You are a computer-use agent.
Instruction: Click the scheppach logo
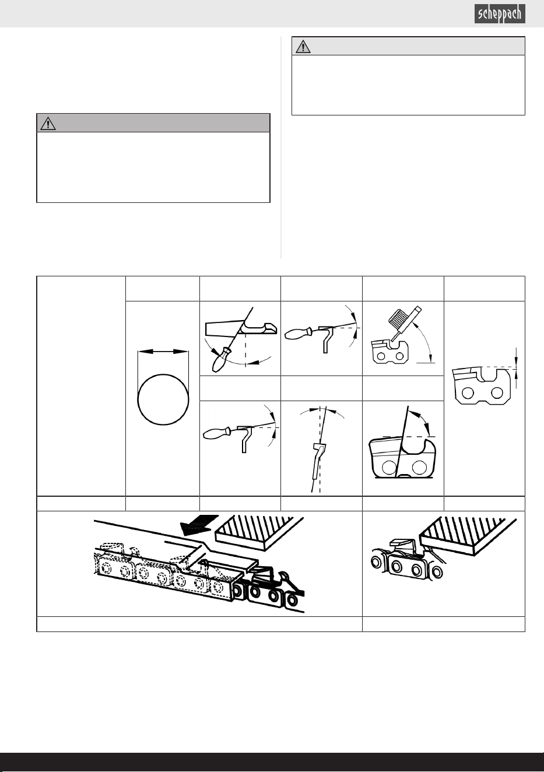[500, 14]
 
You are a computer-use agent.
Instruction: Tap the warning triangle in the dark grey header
[48, 124]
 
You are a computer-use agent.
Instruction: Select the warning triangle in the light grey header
[303, 47]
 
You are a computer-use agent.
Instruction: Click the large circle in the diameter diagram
[163, 399]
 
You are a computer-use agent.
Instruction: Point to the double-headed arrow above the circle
[163, 351]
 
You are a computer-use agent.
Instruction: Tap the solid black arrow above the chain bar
[199, 525]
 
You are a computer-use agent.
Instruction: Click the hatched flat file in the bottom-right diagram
[468, 536]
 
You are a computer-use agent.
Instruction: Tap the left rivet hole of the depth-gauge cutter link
[468, 392]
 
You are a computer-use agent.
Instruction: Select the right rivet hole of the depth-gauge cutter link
[497, 392]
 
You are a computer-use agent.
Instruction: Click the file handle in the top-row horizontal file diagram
[299, 334]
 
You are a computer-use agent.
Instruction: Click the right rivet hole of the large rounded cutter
[419, 468]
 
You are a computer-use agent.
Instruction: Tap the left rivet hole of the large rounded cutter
[389, 468]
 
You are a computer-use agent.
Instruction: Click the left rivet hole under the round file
[381, 356]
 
